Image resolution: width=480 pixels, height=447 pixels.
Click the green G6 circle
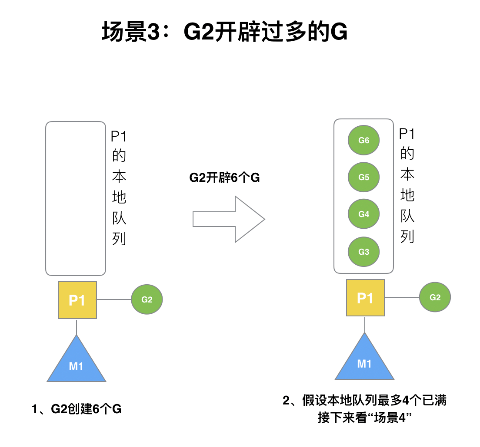(364, 140)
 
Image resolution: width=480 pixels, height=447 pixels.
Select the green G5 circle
(364, 177)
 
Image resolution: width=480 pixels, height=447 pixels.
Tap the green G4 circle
(364, 214)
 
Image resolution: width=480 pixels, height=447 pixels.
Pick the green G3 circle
(364, 252)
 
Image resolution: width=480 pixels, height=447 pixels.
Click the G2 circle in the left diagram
(147, 299)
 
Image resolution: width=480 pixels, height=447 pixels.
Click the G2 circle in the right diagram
(435, 297)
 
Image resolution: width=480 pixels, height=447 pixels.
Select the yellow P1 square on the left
(77, 300)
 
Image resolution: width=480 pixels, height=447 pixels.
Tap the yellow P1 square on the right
(365, 298)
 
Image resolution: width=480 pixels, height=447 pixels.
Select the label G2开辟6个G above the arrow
(224, 177)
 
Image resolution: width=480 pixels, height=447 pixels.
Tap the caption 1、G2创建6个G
(77, 409)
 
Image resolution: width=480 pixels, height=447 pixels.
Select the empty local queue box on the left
(76, 198)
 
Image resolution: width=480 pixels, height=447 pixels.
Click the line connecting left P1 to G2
(114, 299)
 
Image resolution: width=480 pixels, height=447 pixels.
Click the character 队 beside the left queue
(119, 218)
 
